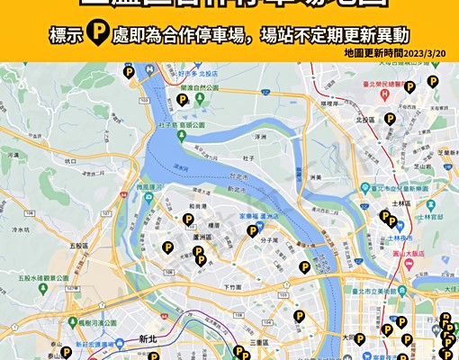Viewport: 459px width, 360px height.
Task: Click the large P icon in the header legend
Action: tap(90, 37)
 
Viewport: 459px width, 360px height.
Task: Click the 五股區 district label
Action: tap(77, 245)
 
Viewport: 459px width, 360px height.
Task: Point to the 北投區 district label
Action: tap(364, 119)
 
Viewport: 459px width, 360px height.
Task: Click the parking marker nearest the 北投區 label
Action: tap(391, 118)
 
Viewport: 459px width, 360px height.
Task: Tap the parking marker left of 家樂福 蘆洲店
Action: tap(253, 230)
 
